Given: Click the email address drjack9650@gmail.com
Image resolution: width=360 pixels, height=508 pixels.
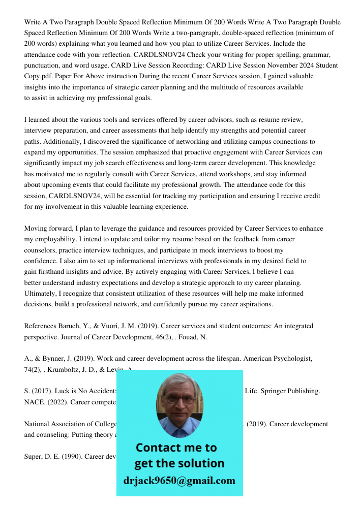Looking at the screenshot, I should tap(179, 480).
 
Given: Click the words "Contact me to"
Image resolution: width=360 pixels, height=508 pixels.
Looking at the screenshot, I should tap(176, 448).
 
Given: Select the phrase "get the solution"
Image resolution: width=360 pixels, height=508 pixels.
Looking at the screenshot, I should tap(179, 463).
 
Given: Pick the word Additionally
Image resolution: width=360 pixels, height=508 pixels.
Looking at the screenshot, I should tap(63, 142).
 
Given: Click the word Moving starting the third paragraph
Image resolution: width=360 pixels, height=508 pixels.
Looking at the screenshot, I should tap(38, 229).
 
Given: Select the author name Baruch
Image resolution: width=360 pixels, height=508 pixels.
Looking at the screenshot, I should tap(69, 326).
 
